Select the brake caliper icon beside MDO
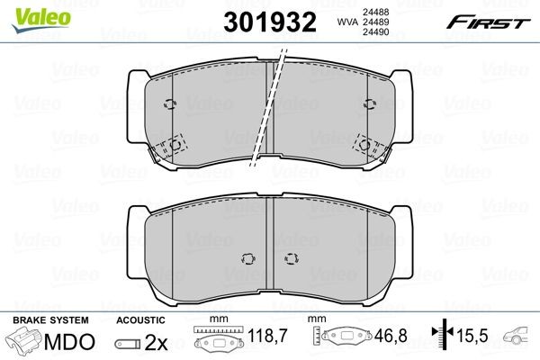24,342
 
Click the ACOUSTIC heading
139,319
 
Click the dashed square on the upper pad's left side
170,146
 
